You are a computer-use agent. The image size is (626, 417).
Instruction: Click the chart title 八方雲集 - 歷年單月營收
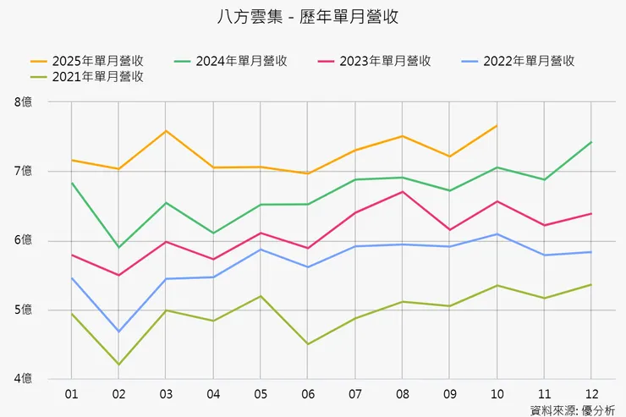(314, 16)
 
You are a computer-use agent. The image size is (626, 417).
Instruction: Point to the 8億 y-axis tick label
(24, 102)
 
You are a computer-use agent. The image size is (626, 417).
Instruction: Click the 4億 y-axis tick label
(24, 378)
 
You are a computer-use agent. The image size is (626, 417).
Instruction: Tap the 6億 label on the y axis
(24, 241)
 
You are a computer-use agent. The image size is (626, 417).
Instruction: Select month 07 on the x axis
(354, 394)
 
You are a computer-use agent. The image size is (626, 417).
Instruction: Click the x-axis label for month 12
(590, 394)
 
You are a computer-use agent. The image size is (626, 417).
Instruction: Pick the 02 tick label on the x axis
(119, 394)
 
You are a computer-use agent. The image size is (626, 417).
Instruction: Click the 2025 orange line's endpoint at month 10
(496, 125)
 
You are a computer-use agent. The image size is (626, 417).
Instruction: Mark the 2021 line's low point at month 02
(119, 365)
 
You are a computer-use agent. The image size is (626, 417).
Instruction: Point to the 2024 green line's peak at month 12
(590, 142)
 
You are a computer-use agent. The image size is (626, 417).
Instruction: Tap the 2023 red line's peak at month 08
(402, 191)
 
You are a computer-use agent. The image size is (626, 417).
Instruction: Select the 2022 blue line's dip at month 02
(119, 332)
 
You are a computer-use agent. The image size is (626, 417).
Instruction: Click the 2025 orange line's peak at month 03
(166, 131)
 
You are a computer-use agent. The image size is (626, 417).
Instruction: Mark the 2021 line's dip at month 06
(307, 344)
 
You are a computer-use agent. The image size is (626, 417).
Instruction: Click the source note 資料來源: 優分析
(574, 409)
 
